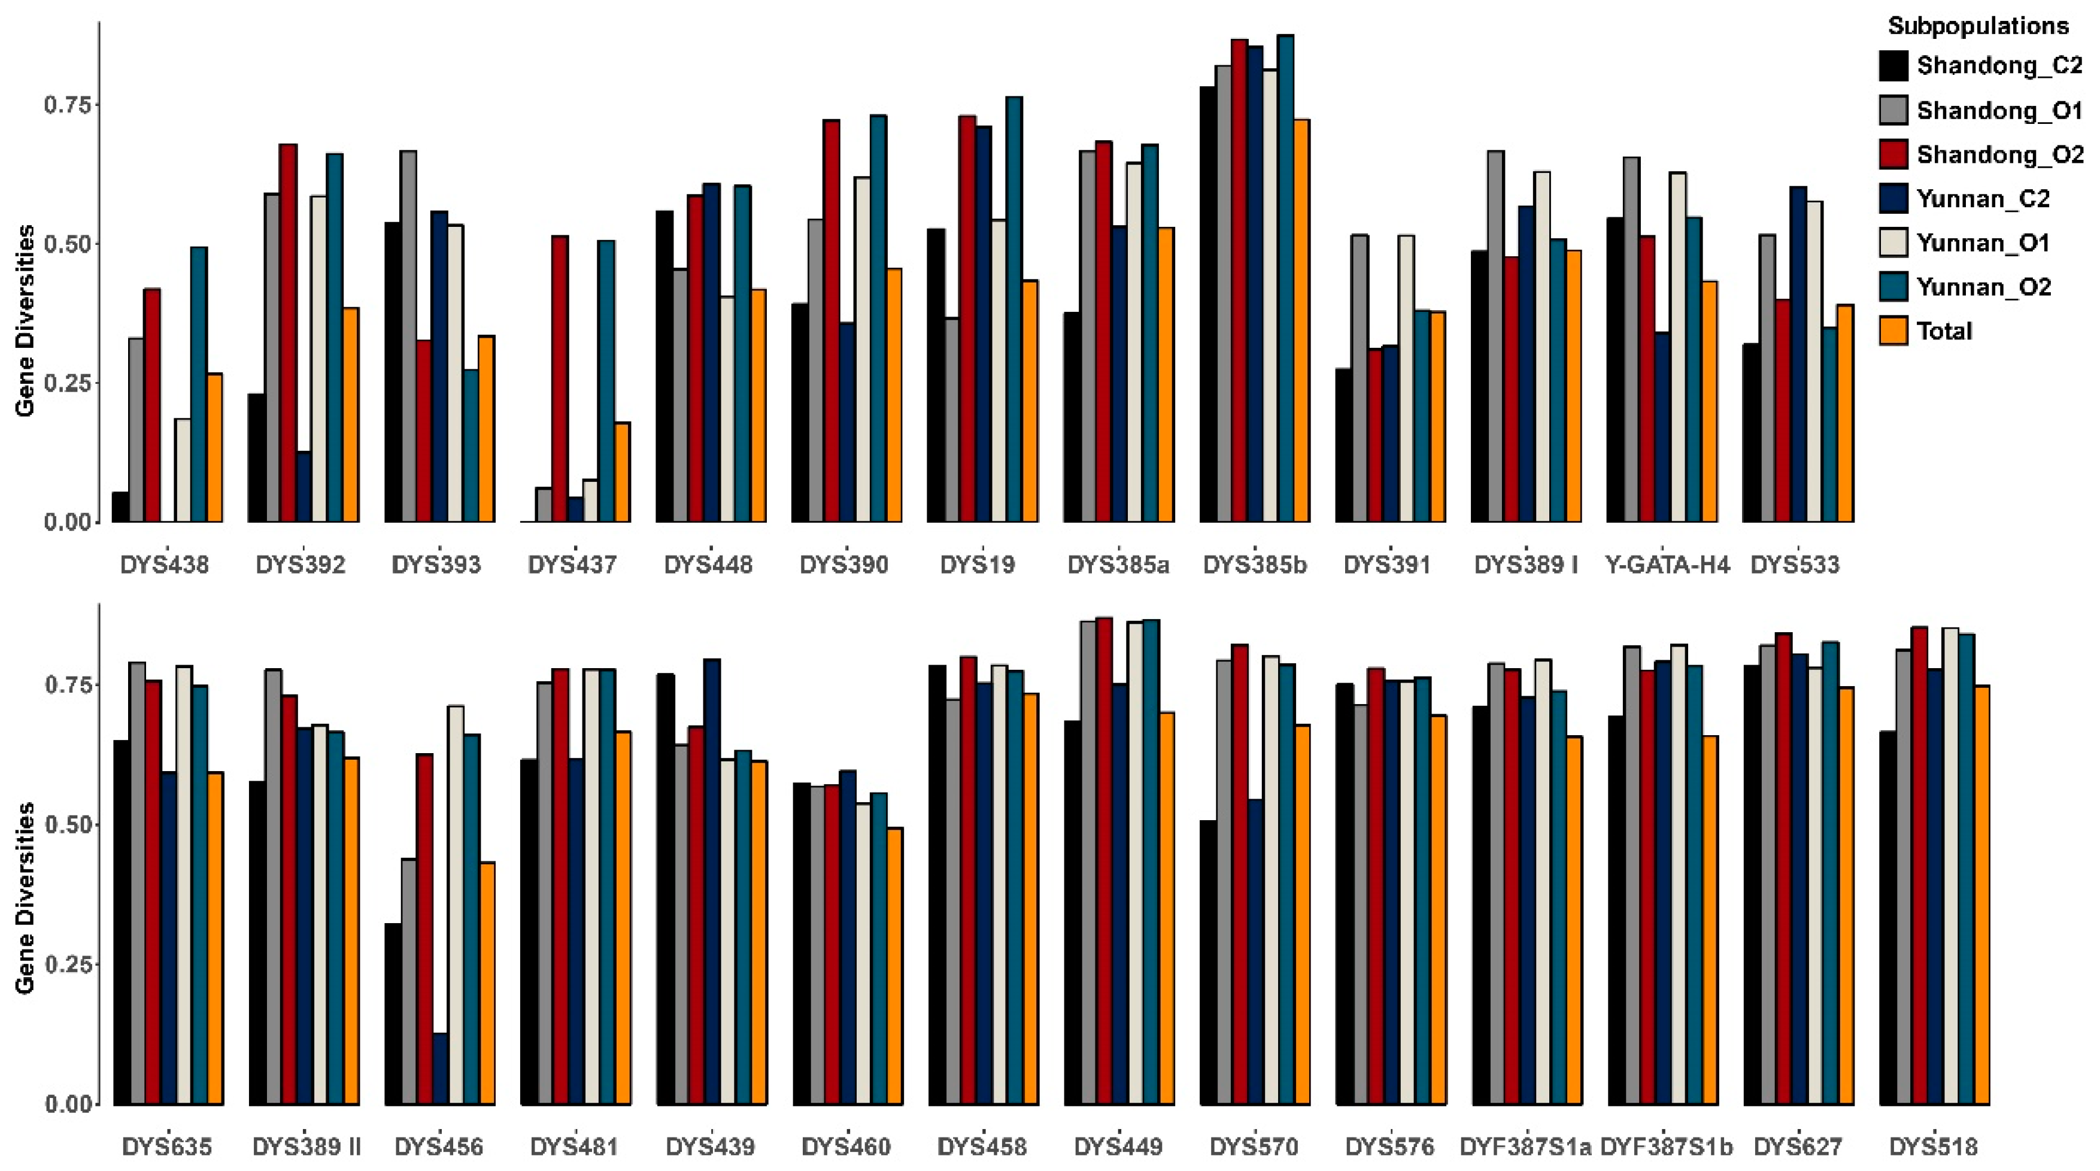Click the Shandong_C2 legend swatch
point(1893,66)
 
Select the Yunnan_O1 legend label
point(1983,243)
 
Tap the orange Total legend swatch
point(1893,331)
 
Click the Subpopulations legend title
point(1978,26)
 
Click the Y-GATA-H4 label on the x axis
point(1667,565)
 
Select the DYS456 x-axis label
point(439,1147)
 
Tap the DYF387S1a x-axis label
point(1525,1147)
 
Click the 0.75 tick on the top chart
point(68,104)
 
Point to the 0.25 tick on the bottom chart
point(68,964)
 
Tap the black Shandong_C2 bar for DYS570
point(1208,962)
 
